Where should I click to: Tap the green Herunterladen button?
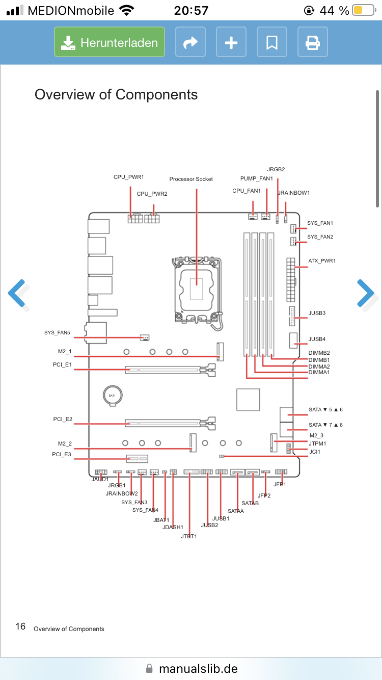click(x=110, y=42)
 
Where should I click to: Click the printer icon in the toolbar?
click(x=312, y=42)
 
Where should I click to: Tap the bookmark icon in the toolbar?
click(x=272, y=42)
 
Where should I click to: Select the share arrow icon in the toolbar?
click(x=190, y=42)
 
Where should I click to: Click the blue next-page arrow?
click(x=365, y=294)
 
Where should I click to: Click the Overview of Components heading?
click(x=116, y=94)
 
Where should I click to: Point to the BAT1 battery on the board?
click(x=112, y=396)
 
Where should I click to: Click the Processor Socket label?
click(x=191, y=179)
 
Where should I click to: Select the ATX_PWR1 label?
click(x=322, y=261)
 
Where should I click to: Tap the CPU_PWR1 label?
click(x=129, y=177)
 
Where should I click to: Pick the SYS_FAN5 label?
click(x=57, y=333)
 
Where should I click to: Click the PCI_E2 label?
click(x=63, y=419)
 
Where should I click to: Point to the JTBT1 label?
click(x=188, y=536)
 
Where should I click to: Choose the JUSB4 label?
click(x=317, y=339)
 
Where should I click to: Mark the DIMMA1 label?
click(x=319, y=373)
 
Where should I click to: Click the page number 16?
click(x=20, y=626)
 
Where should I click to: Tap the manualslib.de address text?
click(x=198, y=668)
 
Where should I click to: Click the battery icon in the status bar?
click(x=363, y=10)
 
